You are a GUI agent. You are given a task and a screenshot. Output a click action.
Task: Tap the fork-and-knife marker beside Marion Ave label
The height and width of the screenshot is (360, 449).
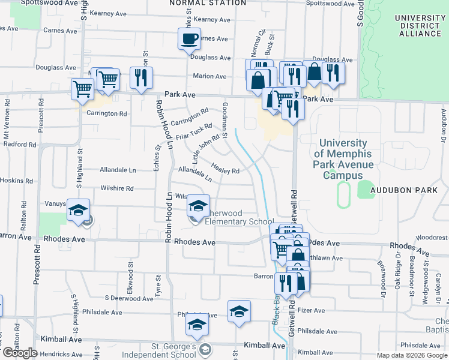point(142,77)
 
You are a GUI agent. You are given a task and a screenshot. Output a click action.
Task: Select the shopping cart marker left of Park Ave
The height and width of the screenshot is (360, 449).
point(82,89)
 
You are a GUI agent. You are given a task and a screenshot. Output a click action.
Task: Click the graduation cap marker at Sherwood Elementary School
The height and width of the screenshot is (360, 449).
point(197,206)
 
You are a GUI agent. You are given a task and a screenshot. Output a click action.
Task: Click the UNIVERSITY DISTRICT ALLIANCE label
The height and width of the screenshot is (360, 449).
point(418,26)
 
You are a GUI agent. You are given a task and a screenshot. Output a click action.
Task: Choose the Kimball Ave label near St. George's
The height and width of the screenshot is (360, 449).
point(264,346)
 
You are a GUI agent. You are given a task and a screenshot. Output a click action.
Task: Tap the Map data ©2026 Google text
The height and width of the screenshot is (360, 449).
point(411,355)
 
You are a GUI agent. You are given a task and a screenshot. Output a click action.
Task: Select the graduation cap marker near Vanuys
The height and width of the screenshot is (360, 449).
point(78,210)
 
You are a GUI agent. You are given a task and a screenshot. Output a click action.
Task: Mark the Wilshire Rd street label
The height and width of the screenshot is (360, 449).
point(117,188)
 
